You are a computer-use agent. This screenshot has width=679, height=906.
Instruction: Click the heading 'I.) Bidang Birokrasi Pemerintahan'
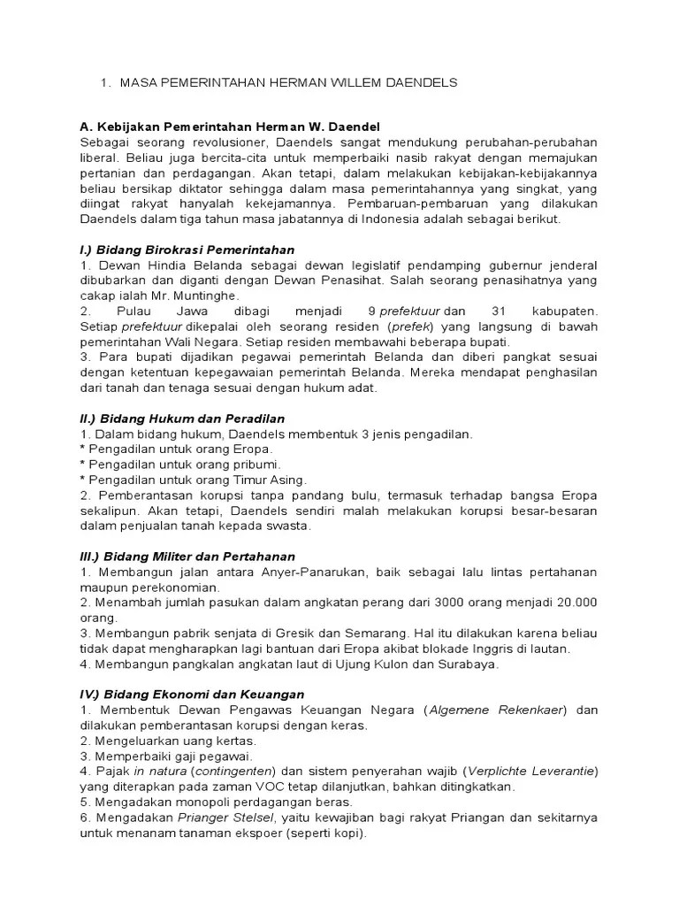187,250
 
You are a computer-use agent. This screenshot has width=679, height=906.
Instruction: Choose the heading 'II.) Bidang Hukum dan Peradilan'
183,418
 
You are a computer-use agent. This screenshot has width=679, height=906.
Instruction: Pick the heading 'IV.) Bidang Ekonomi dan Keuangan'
192,695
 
